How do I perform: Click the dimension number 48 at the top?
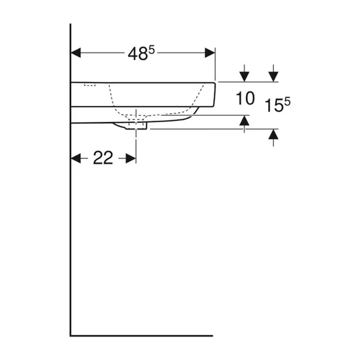[137, 54]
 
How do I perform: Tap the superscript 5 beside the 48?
[151, 50]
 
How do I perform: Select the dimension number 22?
[103, 158]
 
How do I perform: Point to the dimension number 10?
[244, 98]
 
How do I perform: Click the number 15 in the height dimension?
[274, 107]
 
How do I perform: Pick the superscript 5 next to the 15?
[287, 102]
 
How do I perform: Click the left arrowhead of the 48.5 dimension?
[76, 53]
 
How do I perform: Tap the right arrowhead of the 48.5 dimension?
[210, 53]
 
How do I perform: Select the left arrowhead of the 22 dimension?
[76, 158]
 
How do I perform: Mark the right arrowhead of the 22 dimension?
[131, 158]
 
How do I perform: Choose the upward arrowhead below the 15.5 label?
[273, 134]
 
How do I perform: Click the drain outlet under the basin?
[137, 125]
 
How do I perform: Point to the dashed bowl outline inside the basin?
[155, 112]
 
